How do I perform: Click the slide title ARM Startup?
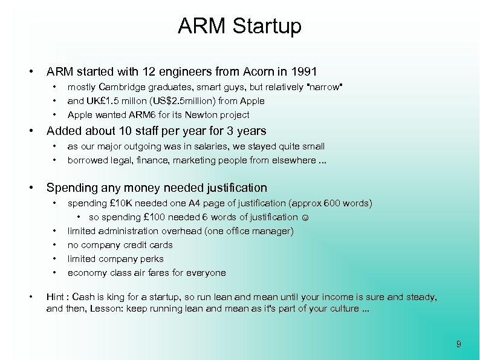pos(239,26)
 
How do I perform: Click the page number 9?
pos(459,344)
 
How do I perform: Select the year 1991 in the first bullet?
pos(304,71)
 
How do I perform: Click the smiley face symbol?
pos(304,217)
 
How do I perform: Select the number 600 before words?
pos(332,203)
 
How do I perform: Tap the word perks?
pos(152,259)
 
